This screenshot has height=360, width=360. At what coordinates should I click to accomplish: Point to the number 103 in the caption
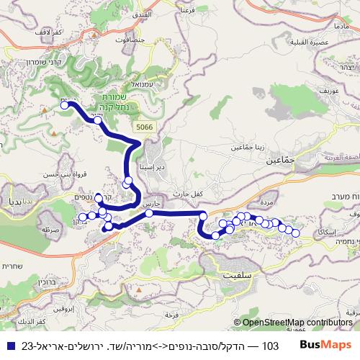pos(270,346)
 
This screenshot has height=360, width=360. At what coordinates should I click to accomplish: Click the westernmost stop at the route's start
pos(65,105)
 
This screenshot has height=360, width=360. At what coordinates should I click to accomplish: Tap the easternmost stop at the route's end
pos(295,233)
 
